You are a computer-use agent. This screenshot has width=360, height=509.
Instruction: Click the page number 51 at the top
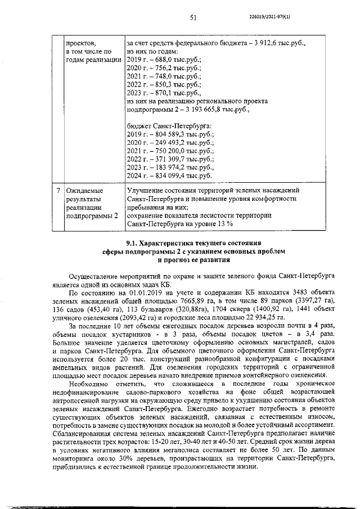(192, 17)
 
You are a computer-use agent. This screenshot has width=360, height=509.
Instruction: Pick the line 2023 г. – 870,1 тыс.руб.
(161, 93)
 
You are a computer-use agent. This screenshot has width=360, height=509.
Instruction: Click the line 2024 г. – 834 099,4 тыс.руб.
(170, 176)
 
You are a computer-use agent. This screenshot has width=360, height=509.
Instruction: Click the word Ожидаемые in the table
(84, 191)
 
